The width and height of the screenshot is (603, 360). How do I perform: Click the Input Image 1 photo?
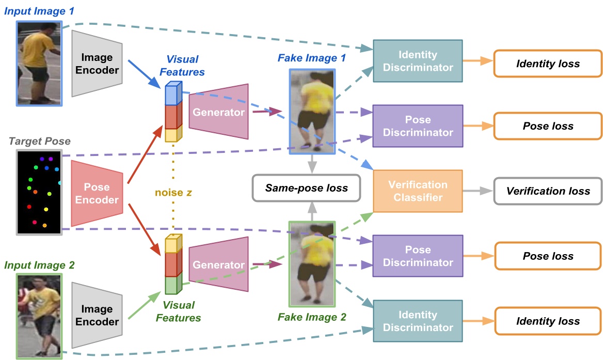click(39, 63)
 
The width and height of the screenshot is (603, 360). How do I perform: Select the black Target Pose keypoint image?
click(39, 192)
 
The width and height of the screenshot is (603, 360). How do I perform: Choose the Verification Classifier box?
click(418, 191)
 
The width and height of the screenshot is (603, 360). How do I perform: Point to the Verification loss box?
click(548, 191)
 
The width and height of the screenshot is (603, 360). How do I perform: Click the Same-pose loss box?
click(306, 187)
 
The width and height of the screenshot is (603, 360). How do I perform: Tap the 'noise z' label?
click(173, 193)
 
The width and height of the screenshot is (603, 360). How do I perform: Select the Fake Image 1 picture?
click(312, 112)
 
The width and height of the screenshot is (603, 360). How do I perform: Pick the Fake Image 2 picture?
click(312, 263)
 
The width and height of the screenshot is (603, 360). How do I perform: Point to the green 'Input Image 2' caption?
click(39, 265)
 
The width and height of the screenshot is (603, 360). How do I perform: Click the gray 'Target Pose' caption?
click(40, 141)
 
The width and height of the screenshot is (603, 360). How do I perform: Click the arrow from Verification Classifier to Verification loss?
click(478, 191)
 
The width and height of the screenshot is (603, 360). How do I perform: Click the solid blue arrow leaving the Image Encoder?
click(145, 72)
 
